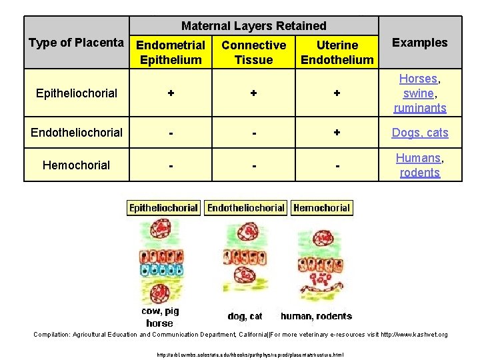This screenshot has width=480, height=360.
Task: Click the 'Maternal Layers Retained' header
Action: point(254,26)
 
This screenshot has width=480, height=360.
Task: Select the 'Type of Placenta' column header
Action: point(77,43)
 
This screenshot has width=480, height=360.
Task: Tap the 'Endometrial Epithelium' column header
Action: point(170,52)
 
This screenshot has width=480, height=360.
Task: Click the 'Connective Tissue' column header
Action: point(253,52)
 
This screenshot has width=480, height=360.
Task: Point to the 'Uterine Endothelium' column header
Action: point(337,52)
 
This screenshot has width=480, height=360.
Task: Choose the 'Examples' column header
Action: point(419,43)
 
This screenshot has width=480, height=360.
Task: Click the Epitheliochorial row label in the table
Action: point(77,93)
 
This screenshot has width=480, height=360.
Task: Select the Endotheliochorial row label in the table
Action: point(77,132)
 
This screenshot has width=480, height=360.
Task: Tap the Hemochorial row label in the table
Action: point(77,165)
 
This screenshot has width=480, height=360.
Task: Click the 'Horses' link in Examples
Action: point(419,79)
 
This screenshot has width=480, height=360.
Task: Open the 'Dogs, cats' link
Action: point(420,133)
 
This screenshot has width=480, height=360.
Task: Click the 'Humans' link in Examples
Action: point(418,158)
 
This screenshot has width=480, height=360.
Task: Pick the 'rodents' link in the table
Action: point(420,173)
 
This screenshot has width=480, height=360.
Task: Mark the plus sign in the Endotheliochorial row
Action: point(337,133)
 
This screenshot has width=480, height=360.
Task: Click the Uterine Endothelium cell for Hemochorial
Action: point(337,165)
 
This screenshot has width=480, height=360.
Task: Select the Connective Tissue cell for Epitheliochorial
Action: point(253,93)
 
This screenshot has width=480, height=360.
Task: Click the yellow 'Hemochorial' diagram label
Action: point(321,208)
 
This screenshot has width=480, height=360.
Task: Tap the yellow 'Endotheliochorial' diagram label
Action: point(246,208)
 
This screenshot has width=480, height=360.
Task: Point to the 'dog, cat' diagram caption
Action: point(245,316)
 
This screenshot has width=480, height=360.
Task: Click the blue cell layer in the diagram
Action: point(160,270)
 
